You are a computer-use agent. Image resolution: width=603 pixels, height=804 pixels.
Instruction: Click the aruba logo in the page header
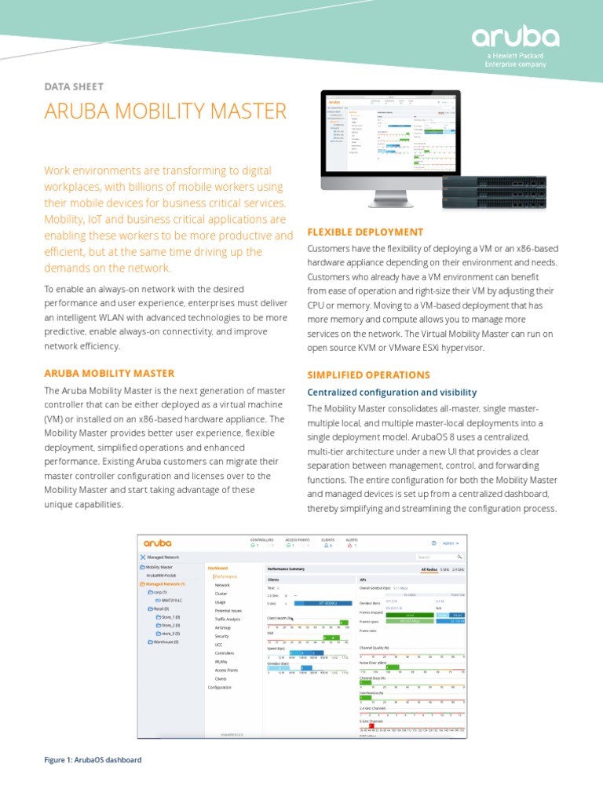coord(515,38)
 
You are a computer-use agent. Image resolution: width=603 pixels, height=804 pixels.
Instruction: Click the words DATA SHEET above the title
coord(74,86)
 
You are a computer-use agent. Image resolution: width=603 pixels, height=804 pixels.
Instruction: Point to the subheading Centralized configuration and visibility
coord(392,392)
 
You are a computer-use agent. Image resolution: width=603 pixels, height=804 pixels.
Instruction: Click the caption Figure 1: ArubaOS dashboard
coord(93,760)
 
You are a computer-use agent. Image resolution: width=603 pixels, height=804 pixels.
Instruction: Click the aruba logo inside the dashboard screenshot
coord(157,543)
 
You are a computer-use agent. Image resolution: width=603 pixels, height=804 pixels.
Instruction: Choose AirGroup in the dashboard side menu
coord(222,628)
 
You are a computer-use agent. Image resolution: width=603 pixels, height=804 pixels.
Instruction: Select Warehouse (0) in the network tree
coord(163,641)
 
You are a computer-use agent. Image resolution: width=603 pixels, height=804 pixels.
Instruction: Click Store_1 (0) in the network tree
coord(168,617)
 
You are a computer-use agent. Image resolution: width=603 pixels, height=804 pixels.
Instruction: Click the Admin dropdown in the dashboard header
coord(451,543)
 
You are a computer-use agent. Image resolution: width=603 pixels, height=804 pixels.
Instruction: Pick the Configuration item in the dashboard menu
coord(220,687)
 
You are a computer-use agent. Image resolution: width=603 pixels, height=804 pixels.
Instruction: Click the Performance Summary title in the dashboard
coord(286,567)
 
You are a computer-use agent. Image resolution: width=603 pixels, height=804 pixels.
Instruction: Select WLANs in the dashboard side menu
coord(221,661)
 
